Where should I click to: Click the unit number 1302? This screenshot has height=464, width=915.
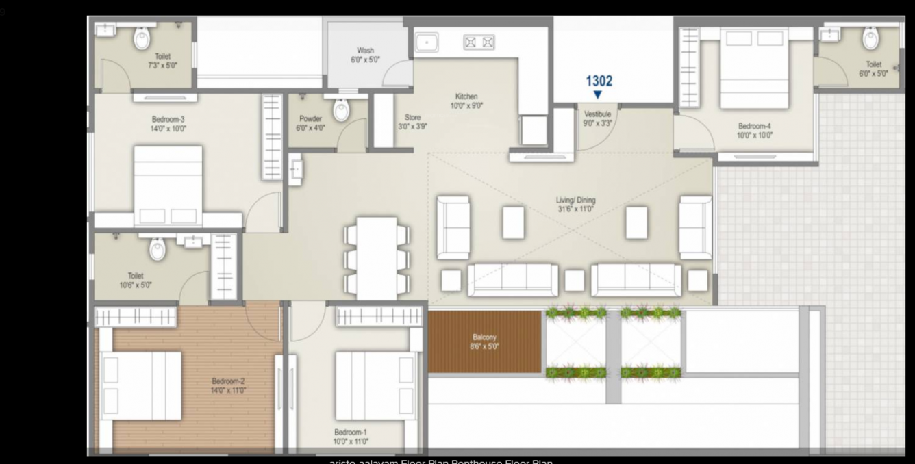pos(599,81)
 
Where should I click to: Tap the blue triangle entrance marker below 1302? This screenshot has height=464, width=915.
pos(598,95)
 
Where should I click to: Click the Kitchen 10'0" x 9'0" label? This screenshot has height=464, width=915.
pos(466,101)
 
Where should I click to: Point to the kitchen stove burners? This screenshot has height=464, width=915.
pos(479,42)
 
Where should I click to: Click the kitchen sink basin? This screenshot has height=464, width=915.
pos(428,42)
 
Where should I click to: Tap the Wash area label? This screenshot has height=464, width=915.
pos(365,55)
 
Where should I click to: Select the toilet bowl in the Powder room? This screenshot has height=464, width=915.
pos(341,109)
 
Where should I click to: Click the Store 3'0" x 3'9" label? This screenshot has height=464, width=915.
pos(412,122)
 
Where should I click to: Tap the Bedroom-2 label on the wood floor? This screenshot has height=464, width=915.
pos(228,385)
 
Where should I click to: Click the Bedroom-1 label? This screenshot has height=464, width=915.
pos(351,437)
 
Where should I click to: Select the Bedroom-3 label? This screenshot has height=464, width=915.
pos(168,123)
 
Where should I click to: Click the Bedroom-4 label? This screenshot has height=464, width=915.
pos(755,130)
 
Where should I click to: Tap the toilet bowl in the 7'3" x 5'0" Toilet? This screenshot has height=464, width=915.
pos(142,39)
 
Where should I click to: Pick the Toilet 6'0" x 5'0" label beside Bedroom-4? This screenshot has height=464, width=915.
pos(873,68)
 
